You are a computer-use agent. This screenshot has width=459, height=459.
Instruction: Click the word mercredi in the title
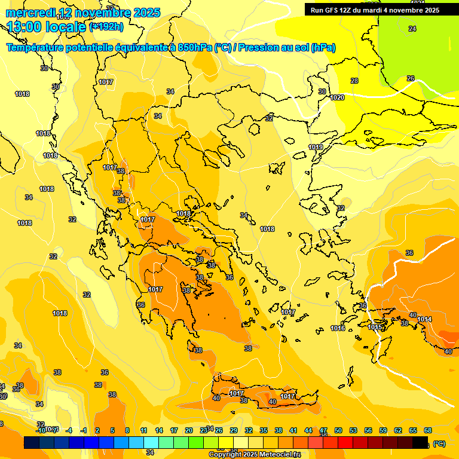[30, 13]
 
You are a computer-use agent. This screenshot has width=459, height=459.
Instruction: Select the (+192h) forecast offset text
[106, 26]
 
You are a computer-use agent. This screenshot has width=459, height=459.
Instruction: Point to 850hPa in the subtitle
[194, 48]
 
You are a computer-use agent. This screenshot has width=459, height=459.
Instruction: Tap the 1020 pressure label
[337, 97]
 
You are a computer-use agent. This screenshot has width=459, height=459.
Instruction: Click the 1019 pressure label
[316, 147]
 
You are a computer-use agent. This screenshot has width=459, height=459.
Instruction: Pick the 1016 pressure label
[338, 328]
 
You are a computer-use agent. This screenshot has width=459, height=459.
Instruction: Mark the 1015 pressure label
[375, 327]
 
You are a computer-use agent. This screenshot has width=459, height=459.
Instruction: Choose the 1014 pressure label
[424, 319]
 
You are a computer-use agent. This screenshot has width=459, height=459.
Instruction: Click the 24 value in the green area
[412, 29]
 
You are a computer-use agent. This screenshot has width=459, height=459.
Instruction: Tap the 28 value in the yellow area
[354, 81]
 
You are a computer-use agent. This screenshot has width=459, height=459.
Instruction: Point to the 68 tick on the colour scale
[428, 430]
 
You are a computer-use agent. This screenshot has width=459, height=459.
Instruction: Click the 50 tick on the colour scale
[338, 430]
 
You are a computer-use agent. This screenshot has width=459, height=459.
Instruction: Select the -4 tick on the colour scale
[69, 430]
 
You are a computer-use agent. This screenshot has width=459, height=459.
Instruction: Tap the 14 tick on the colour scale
[159, 430]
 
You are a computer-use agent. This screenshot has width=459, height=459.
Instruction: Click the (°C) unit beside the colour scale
[439, 443]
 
